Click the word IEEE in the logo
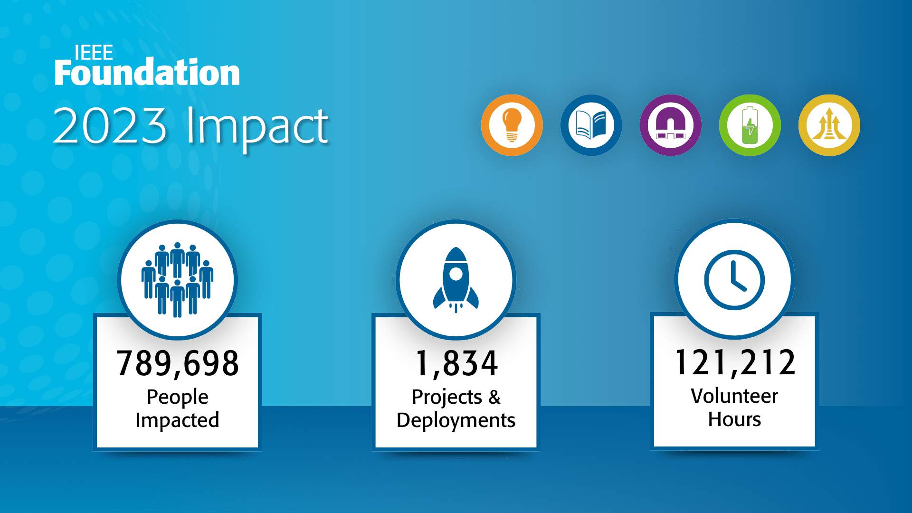pos(94,53)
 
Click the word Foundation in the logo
pos(147,72)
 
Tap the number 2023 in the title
pos(110,126)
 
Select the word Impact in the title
pos(257,128)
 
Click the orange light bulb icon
pos(512,125)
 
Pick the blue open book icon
pos(591,125)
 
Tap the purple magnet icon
pos(671,125)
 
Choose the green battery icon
pos(750,125)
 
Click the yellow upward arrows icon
pos(829,125)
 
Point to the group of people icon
pos(177,280)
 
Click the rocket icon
pos(456,280)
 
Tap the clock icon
pos(734,280)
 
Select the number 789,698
pos(178,364)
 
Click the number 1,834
pos(456,364)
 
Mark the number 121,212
pos(735,363)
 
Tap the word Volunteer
pos(734,396)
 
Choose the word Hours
pos(734,419)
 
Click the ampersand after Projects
pos(494,397)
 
